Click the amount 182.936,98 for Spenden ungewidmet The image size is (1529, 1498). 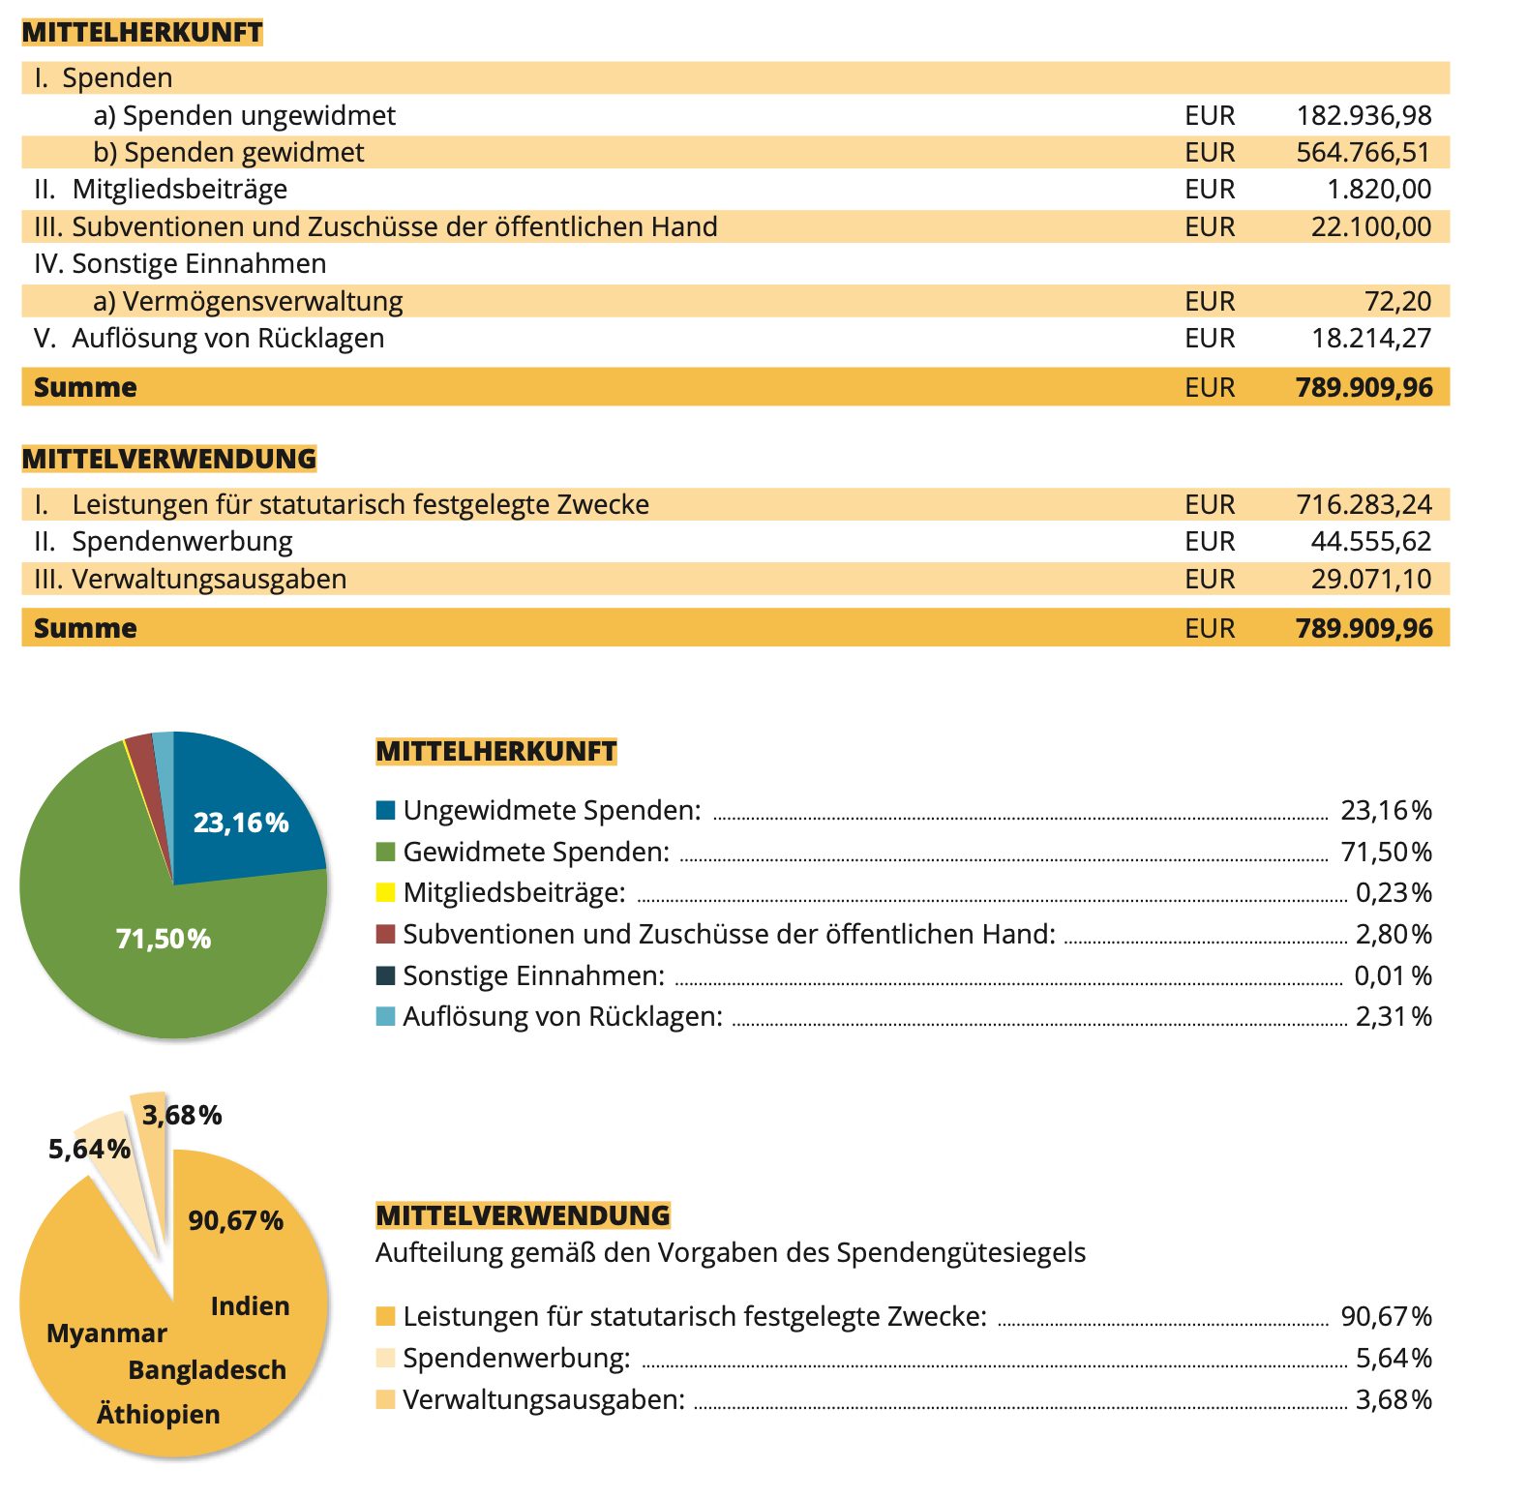[1364, 115]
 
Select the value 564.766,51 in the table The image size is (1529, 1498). [1363, 152]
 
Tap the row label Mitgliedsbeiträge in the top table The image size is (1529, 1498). [179, 189]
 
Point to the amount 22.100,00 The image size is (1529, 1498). [1370, 226]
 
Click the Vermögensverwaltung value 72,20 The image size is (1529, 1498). [1397, 301]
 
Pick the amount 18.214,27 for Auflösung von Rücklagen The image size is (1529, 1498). [1370, 338]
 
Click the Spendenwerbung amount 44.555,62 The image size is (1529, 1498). [1370, 541]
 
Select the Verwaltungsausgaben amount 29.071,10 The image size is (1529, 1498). [1370, 579]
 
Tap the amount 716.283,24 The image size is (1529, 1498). [1363, 504]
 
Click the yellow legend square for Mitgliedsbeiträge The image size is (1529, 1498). [385, 892]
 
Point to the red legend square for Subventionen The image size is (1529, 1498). [385, 934]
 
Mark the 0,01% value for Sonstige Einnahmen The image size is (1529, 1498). [1393, 975]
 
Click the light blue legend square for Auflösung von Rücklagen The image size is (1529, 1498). [385, 1016]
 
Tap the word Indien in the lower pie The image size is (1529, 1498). [250, 1306]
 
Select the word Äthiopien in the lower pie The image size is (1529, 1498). [158, 1415]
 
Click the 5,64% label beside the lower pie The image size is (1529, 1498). [89, 1149]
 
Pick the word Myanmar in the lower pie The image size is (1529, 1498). [106, 1333]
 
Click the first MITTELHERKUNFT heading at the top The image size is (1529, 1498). [142, 32]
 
